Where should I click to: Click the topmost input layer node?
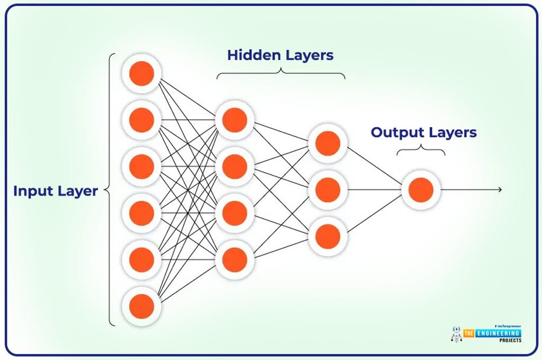coord(141,74)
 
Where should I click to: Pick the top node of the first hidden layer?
coord(234,120)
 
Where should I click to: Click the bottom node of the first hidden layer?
coord(234,259)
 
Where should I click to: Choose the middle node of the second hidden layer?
coord(328,190)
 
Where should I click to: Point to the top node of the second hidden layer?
coord(328,143)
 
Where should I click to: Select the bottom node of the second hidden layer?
coord(328,236)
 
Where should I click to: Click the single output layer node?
coord(421,190)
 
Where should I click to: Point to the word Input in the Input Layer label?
coord(31,191)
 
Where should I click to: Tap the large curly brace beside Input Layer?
coord(110,190)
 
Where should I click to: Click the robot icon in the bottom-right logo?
coord(456,334)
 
